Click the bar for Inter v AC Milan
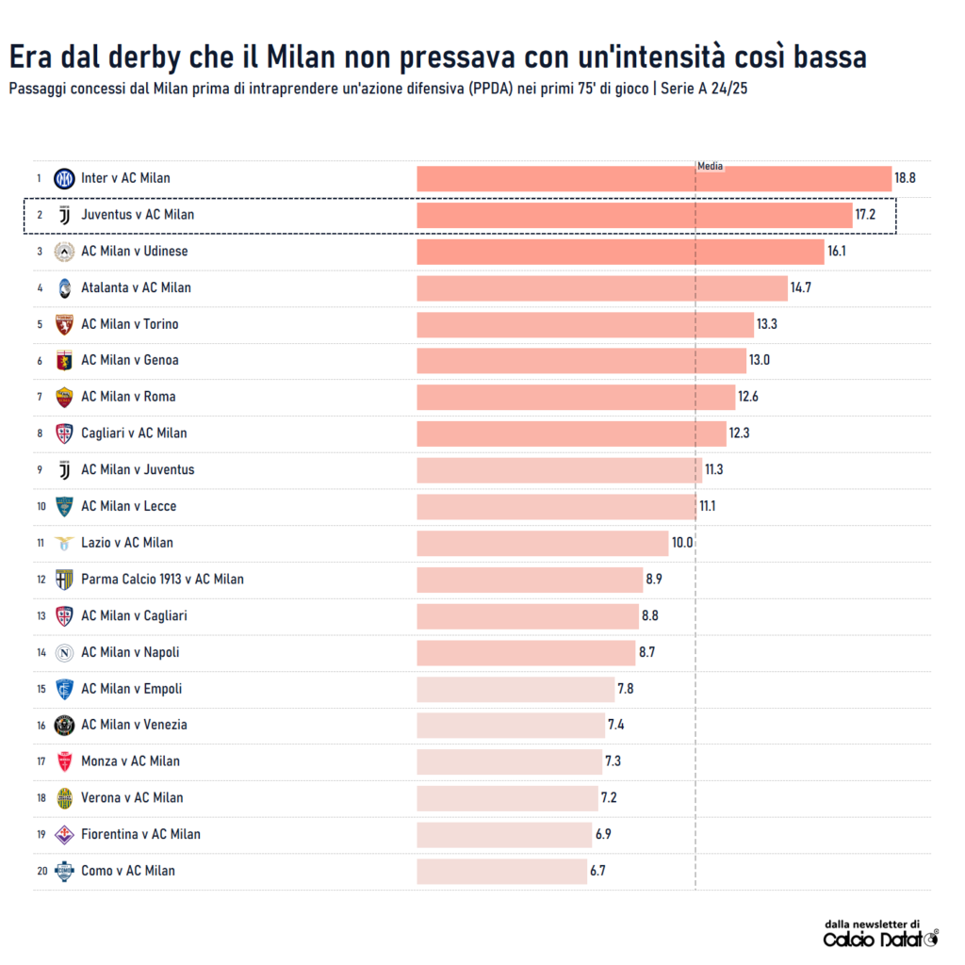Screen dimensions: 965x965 click(654, 178)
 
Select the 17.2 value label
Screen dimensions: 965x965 click(865, 215)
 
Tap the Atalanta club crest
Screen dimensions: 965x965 click(64, 288)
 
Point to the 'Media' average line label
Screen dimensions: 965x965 click(710, 166)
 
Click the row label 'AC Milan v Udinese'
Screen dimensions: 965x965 click(134, 252)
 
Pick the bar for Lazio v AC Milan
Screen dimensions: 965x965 click(542, 543)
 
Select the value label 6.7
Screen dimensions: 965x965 click(597, 871)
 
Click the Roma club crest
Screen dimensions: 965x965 click(64, 397)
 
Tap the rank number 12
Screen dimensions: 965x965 click(41, 580)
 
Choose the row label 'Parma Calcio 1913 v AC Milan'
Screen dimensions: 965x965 click(162, 580)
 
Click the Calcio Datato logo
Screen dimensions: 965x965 click(880, 939)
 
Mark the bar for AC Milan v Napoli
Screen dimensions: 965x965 click(526, 652)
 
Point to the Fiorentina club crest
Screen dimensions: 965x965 click(64, 835)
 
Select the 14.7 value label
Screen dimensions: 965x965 click(801, 287)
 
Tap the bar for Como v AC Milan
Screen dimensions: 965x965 click(501, 871)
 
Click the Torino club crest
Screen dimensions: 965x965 click(64, 325)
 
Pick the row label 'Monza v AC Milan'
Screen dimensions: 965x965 click(130, 761)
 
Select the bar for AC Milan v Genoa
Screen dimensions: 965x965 click(581, 361)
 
